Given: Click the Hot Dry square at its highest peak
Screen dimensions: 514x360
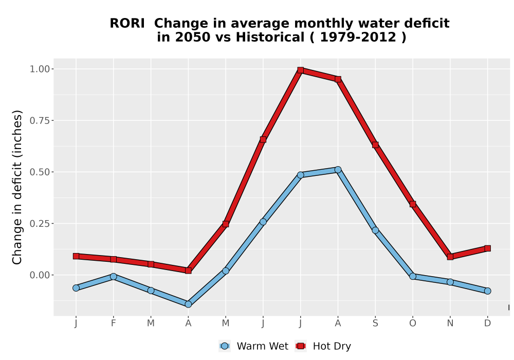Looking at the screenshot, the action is pyautogui.click(x=301, y=70).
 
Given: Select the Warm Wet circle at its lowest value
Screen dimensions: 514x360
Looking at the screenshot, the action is pyautogui.click(x=188, y=304).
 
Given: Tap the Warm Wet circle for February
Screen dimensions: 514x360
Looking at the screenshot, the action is pyautogui.click(x=114, y=277).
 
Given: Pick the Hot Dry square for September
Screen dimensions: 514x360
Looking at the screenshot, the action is pyautogui.click(x=375, y=145).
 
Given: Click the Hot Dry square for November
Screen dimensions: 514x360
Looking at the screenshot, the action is pyautogui.click(x=450, y=257).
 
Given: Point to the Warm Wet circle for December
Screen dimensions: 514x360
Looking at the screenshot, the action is pyautogui.click(x=487, y=291).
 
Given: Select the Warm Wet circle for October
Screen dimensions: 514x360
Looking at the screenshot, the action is pyautogui.click(x=413, y=276).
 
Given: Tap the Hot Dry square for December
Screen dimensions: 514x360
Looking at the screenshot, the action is pyautogui.click(x=487, y=248).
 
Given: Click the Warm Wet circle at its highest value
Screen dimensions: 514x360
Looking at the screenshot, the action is pyautogui.click(x=338, y=170).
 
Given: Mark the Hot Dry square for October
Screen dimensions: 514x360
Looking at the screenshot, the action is pyautogui.click(x=413, y=204).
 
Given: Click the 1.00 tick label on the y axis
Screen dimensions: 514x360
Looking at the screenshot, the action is pyautogui.click(x=40, y=69).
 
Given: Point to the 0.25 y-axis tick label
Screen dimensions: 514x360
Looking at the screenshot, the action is pyautogui.click(x=40, y=224).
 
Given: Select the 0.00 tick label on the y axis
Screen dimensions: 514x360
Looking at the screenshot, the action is pyautogui.click(x=40, y=275).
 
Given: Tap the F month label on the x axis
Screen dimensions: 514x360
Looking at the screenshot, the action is pyautogui.click(x=114, y=323).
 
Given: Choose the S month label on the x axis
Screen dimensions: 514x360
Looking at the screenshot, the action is pyautogui.click(x=375, y=323).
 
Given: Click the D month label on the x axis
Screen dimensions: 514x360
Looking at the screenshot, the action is pyautogui.click(x=487, y=323).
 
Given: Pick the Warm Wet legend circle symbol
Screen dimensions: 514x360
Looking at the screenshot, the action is pyautogui.click(x=225, y=346).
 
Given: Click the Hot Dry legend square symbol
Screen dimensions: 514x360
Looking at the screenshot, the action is pyautogui.click(x=301, y=346).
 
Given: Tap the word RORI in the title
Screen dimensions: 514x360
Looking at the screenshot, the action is pyautogui.click(x=127, y=24).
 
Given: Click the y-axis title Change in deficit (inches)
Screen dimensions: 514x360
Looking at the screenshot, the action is pyautogui.click(x=17, y=187).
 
